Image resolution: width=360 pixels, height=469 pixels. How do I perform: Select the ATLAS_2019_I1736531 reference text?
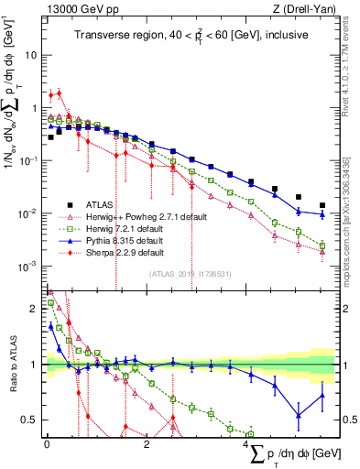tap(190, 273)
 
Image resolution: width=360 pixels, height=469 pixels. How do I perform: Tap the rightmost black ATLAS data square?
tap(322, 205)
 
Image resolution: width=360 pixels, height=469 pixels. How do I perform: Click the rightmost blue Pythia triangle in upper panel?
tap(322, 214)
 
